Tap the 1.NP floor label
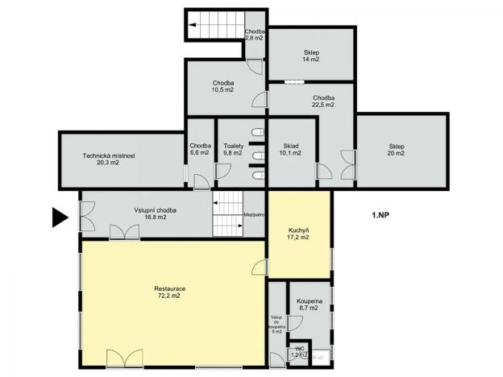pos(381,216)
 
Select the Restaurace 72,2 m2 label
pos(169,292)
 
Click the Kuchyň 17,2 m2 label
pos(298,234)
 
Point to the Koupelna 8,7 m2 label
pos(310,304)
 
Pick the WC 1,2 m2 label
pos(299,352)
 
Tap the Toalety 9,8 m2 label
pos(233,149)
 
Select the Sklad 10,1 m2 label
pos(289,149)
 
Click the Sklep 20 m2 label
pos(395,150)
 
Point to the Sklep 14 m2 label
pos(310,56)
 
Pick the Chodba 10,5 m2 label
pos(223,86)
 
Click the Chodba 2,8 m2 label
pos(255,35)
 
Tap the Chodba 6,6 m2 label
pos(200,149)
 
